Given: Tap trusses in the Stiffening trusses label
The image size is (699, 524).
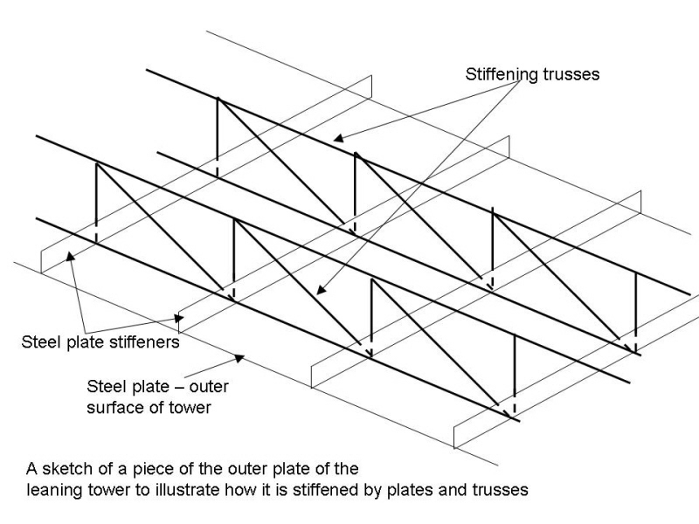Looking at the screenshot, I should click(571, 74).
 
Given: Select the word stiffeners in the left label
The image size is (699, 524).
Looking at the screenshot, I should click(136, 342).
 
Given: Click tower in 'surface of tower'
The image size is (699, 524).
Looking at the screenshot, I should click(191, 408).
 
